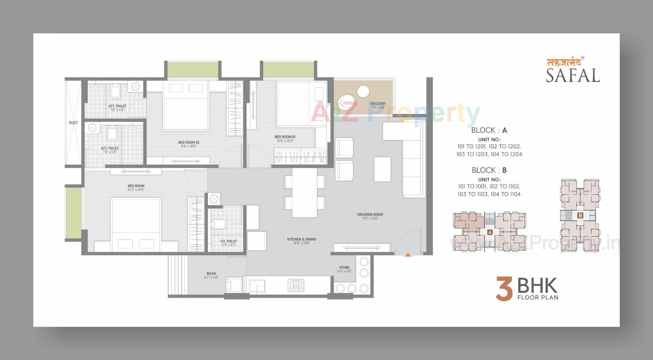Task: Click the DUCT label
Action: [x=73, y=123]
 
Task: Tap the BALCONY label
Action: [x=378, y=104]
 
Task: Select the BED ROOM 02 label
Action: [x=189, y=143]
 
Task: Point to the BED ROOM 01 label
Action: [x=285, y=137]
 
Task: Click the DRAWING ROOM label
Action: [x=370, y=215]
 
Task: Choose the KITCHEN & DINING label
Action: [x=301, y=239]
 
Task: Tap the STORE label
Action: [x=344, y=268]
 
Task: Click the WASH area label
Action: [x=211, y=274]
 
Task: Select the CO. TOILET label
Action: [x=229, y=241]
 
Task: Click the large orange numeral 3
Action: [x=504, y=289]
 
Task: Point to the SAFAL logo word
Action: [x=573, y=76]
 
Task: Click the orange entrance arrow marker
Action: [x=408, y=255]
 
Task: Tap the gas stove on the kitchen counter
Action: [x=296, y=285]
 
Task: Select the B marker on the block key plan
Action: [x=580, y=215]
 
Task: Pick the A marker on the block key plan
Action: [x=490, y=232]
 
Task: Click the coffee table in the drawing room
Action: [x=382, y=169]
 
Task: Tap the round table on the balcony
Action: [x=363, y=92]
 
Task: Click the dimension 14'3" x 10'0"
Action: [x=136, y=190]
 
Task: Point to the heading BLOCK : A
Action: [x=489, y=130]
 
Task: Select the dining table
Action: [x=304, y=193]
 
